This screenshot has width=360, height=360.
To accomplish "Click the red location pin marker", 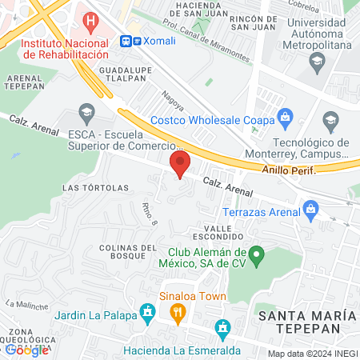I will [x=180, y=165].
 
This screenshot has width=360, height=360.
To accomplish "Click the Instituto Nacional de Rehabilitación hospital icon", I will [x=93, y=20].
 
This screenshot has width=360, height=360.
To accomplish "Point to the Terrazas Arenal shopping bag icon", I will [x=311, y=210].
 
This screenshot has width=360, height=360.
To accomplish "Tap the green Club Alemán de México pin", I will [x=256, y=258].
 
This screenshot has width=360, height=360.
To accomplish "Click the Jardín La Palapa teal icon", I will [x=147, y=311].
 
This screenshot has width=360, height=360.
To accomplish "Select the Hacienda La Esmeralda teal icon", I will [x=223, y=327].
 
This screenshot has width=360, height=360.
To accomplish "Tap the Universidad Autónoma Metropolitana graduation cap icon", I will [x=317, y=60].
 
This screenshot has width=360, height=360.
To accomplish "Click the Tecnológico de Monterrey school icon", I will [x=330, y=121].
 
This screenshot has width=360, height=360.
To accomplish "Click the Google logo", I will [x=26, y=350].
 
